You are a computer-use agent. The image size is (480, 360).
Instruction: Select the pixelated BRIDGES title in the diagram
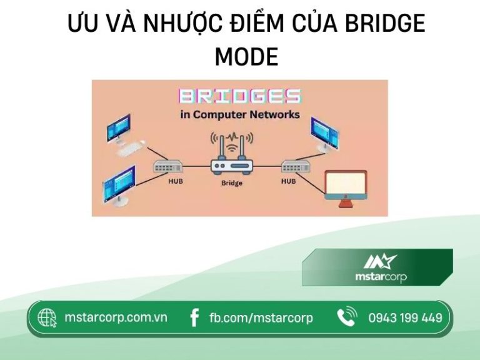pos(240,96)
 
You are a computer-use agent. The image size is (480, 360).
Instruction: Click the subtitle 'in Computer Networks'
pos(240,114)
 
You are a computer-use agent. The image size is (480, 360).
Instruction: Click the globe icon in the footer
pos(47,318)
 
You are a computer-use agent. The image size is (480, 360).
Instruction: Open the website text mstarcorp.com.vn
pos(116,317)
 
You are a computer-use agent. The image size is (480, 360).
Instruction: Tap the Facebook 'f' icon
pos(194,318)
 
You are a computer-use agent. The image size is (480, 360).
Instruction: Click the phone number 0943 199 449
pos(405,318)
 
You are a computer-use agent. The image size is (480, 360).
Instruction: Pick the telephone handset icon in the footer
pos(346,317)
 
